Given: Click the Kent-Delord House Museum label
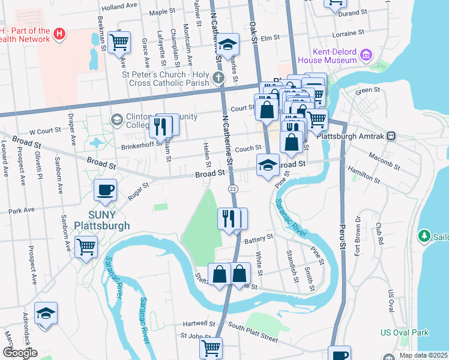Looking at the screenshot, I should click(x=332, y=56).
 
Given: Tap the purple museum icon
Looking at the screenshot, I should click(x=366, y=56).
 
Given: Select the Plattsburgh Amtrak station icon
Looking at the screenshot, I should click(x=391, y=136).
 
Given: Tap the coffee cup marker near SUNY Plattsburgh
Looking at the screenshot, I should click(x=106, y=190).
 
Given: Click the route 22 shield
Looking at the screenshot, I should click(x=233, y=188).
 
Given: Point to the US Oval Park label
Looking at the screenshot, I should click(x=405, y=332).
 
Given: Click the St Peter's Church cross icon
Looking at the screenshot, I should click(x=217, y=77).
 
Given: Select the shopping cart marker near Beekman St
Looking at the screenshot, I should click(x=119, y=43).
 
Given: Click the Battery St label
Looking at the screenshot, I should click(x=259, y=237).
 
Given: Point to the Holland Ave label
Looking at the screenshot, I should click(x=119, y=7).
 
